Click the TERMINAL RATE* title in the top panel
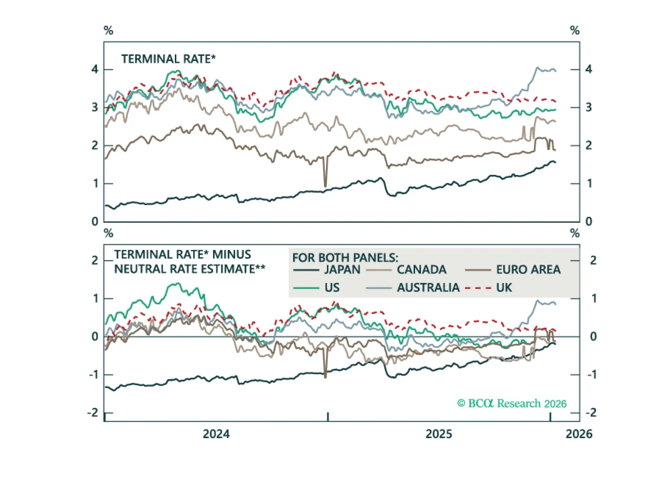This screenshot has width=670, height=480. tap(168, 59)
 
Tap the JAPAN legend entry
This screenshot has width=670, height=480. tap(342, 270)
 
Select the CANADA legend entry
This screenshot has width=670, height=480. tap(421, 270)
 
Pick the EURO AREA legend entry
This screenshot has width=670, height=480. tap(528, 270)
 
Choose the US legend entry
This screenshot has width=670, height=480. tap(332, 288)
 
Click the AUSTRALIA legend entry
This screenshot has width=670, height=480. tap(428, 288)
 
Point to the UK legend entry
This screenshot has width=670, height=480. tap(504, 288)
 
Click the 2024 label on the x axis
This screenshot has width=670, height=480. tap(216, 434)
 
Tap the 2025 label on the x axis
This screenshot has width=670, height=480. tap(439, 434)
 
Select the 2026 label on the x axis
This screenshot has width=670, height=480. tap(579, 434)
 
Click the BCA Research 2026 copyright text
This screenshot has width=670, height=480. tap(512, 404)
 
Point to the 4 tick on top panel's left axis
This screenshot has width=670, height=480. tap(95, 69)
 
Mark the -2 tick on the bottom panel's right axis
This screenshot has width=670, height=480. tap(591, 413)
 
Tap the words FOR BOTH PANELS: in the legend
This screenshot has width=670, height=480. tap(345, 258)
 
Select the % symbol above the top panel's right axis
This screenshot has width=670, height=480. tap(575, 31)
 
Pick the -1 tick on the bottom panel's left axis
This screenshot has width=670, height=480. tap(93, 375)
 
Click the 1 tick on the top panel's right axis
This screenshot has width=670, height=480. tap(589, 184)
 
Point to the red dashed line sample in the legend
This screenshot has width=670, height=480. tap(478, 288)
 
